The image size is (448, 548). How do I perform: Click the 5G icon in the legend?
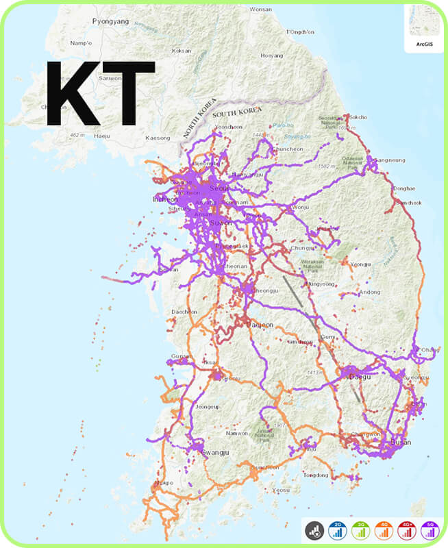pos(430,530)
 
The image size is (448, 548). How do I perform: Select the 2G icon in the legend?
pos(336,530)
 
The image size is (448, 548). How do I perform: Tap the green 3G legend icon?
pos(360,530)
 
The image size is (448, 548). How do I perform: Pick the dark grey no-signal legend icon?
pos(314,530)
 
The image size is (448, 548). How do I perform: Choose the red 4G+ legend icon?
pos(406,530)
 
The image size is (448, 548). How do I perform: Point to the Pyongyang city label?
pos(110,21)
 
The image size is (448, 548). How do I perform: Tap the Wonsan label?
pos(261,9)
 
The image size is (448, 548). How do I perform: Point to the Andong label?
pos(370,292)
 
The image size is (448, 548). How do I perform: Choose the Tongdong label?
pos(316,475)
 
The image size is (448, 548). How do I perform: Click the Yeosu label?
pos(281,490)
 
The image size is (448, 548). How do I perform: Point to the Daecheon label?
pos(184,312)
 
